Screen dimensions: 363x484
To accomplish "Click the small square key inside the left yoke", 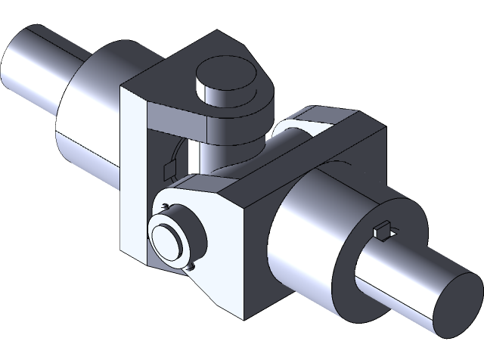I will (x=169, y=170).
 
